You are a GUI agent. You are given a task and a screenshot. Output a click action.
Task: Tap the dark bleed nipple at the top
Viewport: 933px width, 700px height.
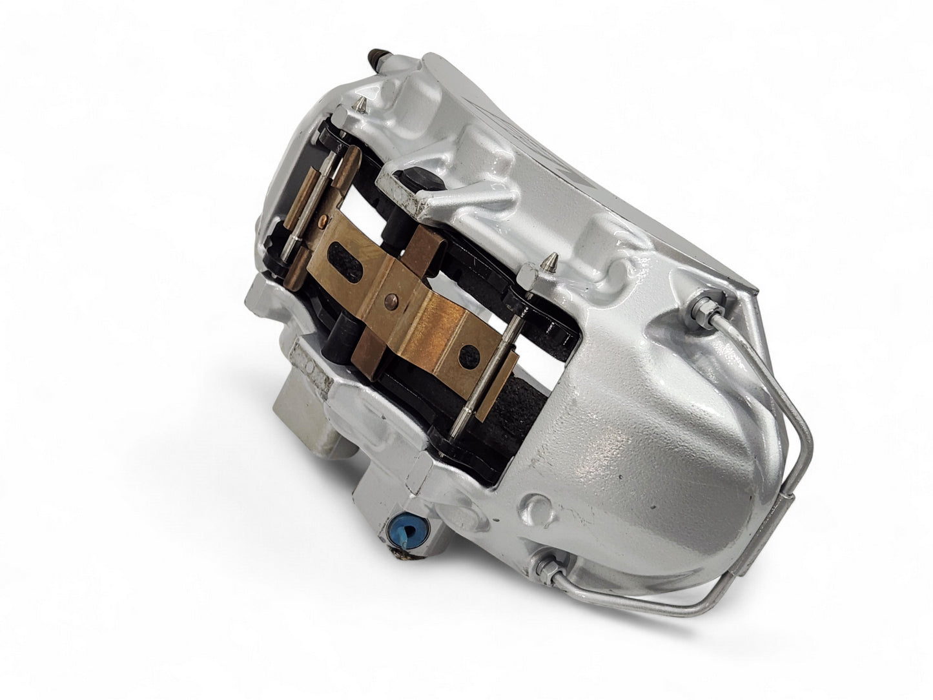pos(376,60)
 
